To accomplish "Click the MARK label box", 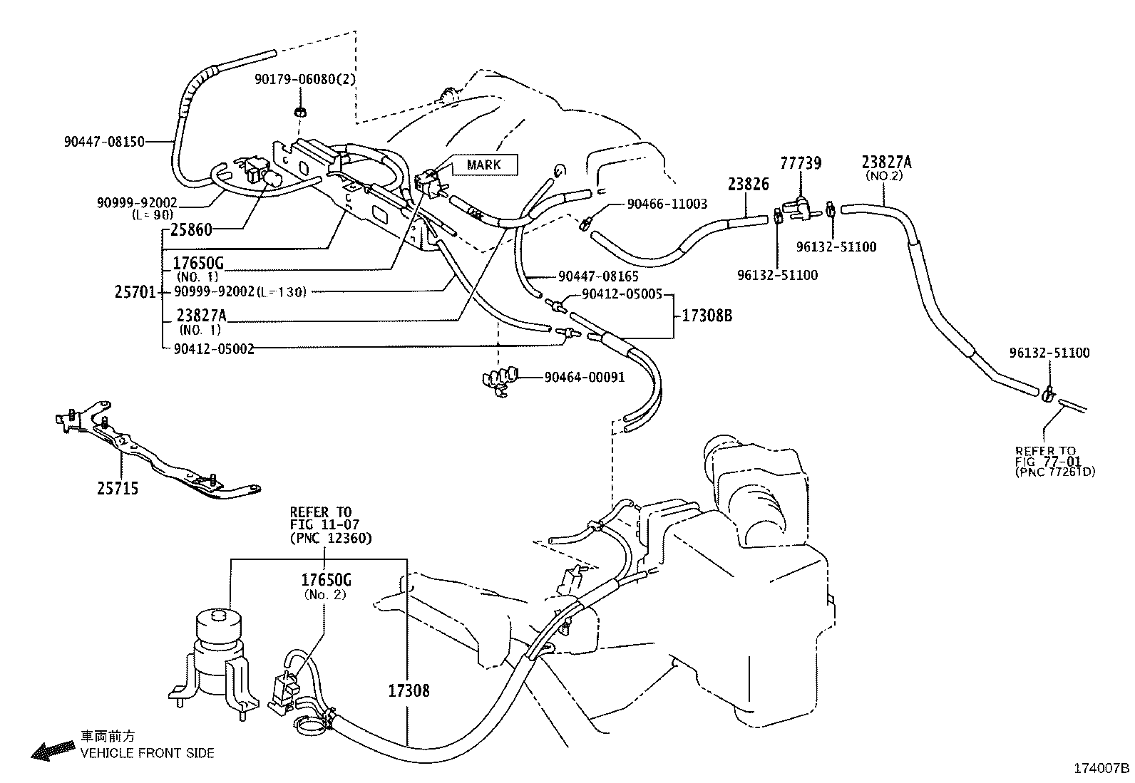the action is click(x=484, y=165).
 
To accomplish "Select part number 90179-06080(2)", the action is click(x=305, y=79).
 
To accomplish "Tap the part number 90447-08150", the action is click(x=104, y=142).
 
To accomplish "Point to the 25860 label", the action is click(x=191, y=230).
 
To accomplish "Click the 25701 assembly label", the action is click(x=135, y=292).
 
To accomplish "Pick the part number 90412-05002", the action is click(x=214, y=349).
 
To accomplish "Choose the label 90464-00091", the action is click(x=585, y=378).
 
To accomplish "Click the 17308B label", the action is click(x=707, y=316).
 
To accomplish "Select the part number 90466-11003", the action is click(x=667, y=204).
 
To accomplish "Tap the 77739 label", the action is click(x=801, y=163).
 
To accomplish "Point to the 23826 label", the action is click(x=749, y=185).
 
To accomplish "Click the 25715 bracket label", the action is click(x=118, y=488).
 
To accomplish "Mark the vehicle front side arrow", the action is click(x=53, y=750).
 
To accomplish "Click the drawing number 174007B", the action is click(x=1102, y=768).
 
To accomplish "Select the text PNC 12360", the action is click(x=332, y=538).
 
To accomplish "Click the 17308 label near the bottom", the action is click(x=409, y=691).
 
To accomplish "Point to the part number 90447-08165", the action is click(x=598, y=276).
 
